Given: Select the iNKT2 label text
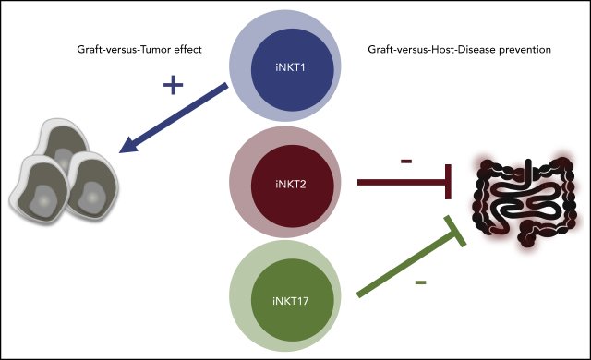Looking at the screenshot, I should click(296, 184).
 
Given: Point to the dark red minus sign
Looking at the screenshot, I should click(405, 162).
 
